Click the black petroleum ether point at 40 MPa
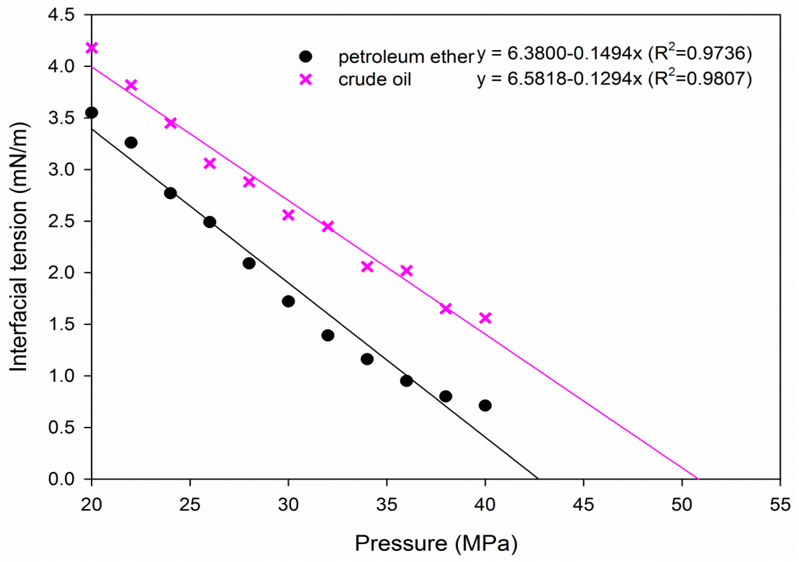coord(485,406)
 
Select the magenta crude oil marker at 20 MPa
coord(91,48)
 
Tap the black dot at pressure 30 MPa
coord(288,301)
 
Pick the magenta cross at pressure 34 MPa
coord(367,267)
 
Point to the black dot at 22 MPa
coord(131,143)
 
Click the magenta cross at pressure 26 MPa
coord(210,163)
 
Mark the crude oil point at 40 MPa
coord(485,318)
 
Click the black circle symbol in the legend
coord(306,56)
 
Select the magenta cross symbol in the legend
coord(306,80)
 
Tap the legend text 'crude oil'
coord(375,80)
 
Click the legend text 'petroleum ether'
coord(406,57)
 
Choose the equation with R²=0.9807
coord(614,79)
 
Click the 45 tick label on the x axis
coord(583,505)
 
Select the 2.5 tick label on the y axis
coord(62,221)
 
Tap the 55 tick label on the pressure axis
coord(779,505)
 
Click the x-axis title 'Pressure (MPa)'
coord(436,543)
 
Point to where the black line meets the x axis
coord(538,479)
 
